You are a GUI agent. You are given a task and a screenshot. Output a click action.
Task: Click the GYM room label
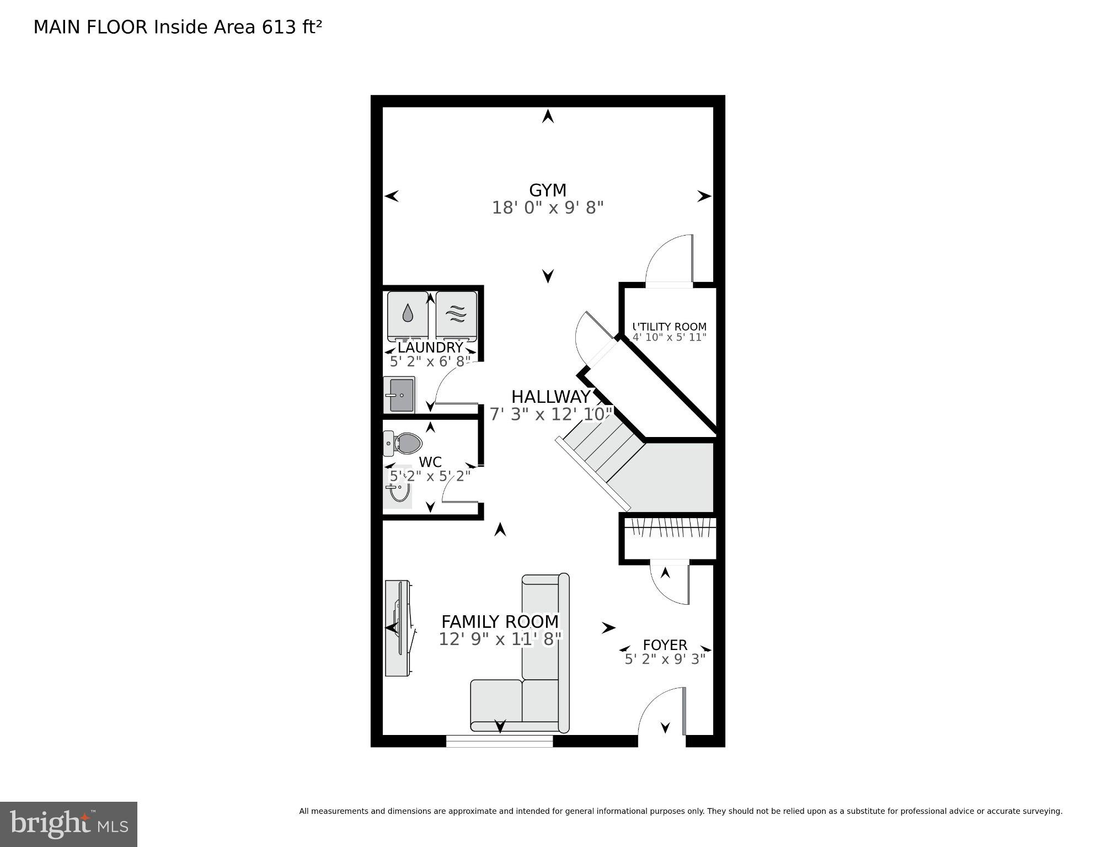[x=547, y=190]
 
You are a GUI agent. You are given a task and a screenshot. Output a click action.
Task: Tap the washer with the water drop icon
[x=408, y=315]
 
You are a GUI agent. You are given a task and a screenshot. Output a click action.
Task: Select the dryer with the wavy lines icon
[x=456, y=315]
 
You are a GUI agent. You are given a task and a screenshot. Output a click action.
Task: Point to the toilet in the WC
[x=404, y=443]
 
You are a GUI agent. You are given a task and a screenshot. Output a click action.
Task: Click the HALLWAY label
[x=550, y=397]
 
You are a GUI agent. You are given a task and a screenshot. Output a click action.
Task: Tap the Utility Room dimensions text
[x=669, y=337]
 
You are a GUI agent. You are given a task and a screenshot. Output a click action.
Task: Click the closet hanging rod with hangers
[x=670, y=529]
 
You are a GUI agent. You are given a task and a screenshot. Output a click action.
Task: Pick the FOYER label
[x=665, y=644]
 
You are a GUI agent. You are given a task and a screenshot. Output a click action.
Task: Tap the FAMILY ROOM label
[x=500, y=622]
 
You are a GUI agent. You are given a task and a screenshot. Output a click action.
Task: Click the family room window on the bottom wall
[x=499, y=741]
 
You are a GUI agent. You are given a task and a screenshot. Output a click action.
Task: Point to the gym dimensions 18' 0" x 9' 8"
[x=547, y=208]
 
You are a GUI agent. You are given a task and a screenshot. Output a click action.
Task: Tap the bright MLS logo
[x=68, y=824]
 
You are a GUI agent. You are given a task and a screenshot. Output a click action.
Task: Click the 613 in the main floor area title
[x=279, y=27]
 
